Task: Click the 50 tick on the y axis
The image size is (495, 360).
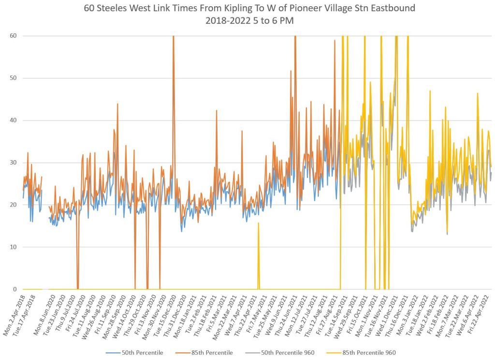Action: pyautogui.click(x=13, y=78)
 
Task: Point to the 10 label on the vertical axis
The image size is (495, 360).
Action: pyautogui.click(x=13, y=247)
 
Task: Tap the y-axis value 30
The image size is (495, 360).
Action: pyautogui.click(x=13, y=163)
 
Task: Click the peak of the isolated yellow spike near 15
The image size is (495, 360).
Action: pyautogui.click(x=258, y=223)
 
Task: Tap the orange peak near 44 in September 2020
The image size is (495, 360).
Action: pyautogui.click(x=117, y=104)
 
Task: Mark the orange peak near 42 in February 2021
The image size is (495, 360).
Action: pyautogui.click(x=217, y=111)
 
